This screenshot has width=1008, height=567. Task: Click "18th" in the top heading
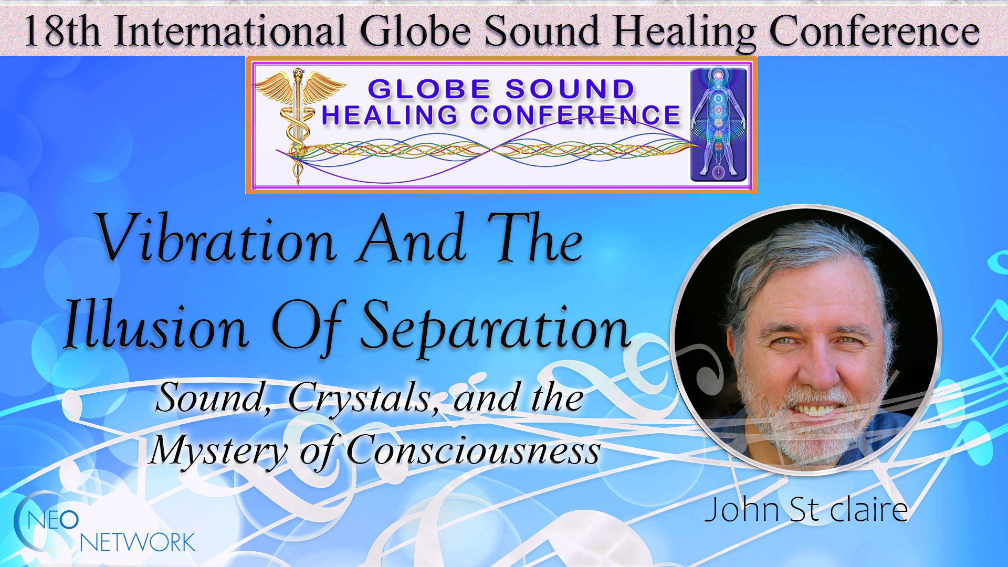(62, 31)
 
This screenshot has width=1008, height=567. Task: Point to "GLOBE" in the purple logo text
(429, 89)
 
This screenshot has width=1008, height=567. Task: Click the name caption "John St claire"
(806, 509)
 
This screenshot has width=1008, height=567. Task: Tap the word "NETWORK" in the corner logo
(138, 542)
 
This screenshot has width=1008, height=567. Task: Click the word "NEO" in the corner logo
(53, 520)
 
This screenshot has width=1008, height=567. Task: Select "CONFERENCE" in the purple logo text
(575, 115)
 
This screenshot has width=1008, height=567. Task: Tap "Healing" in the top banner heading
(685, 31)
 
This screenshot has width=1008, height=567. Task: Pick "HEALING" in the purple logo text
(390, 115)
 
